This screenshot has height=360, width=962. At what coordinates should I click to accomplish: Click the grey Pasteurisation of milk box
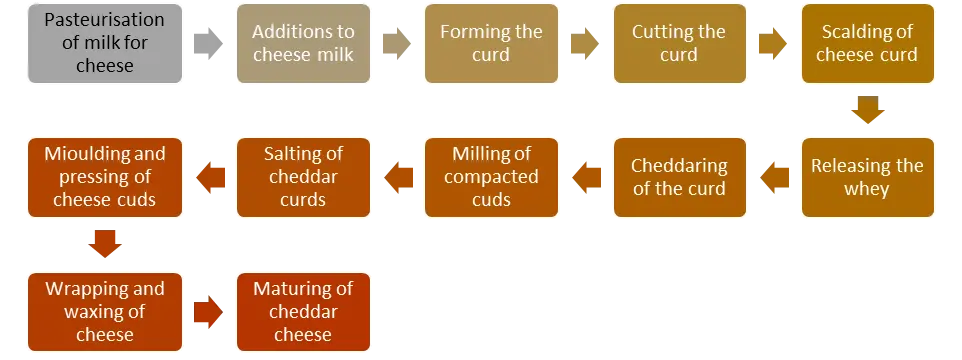click(x=105, y=44)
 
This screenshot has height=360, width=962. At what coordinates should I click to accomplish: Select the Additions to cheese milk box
click(x=303, y=44)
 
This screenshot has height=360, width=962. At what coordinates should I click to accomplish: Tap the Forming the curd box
click(x=491, y=44)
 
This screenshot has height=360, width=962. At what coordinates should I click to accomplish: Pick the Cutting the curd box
click(x=680, y=44)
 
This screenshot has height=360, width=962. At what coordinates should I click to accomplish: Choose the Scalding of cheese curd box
click(x=868, y=44)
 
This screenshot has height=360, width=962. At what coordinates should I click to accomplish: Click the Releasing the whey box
click(x=868, y=177)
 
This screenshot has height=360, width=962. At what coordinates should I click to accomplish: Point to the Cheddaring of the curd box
click(x=680, y=177)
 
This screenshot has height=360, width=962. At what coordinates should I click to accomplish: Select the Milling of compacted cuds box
click(x=491, y=177)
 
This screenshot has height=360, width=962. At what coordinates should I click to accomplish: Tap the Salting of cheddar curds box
click(x=303, y=177)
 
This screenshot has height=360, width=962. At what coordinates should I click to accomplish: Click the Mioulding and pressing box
click(x=105, y=177)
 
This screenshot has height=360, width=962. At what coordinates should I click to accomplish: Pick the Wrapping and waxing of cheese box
click(x=105, y=312)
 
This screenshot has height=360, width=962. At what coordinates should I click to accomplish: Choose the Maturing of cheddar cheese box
click(x=303, y=312)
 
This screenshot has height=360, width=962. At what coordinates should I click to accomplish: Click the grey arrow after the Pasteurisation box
click(x=209, y=44)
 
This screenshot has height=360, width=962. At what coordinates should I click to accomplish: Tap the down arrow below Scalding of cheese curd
click(x=868, y=110)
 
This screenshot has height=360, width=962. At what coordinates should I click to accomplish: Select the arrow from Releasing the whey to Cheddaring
click(x=774, y=178)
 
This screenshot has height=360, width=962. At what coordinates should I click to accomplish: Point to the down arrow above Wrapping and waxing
click(x=105, y=244)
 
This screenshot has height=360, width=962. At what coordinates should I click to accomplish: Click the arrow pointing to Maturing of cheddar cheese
click(x=209, y=312)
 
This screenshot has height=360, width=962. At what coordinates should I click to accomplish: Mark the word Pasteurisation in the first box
click(x=104, y=20)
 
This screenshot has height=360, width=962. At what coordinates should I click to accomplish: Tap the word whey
click(x=866, y=190)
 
